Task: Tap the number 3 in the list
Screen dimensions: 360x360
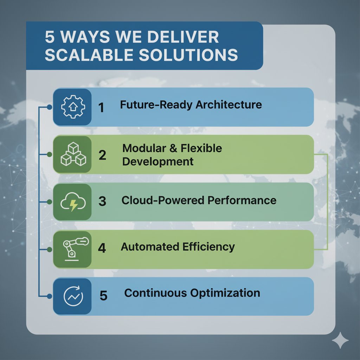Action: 102,201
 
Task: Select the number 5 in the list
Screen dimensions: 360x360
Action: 103,296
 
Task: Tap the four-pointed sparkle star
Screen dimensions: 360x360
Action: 340,341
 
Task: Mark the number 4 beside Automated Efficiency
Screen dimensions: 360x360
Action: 102,248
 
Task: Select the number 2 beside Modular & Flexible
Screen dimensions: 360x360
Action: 102,155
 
